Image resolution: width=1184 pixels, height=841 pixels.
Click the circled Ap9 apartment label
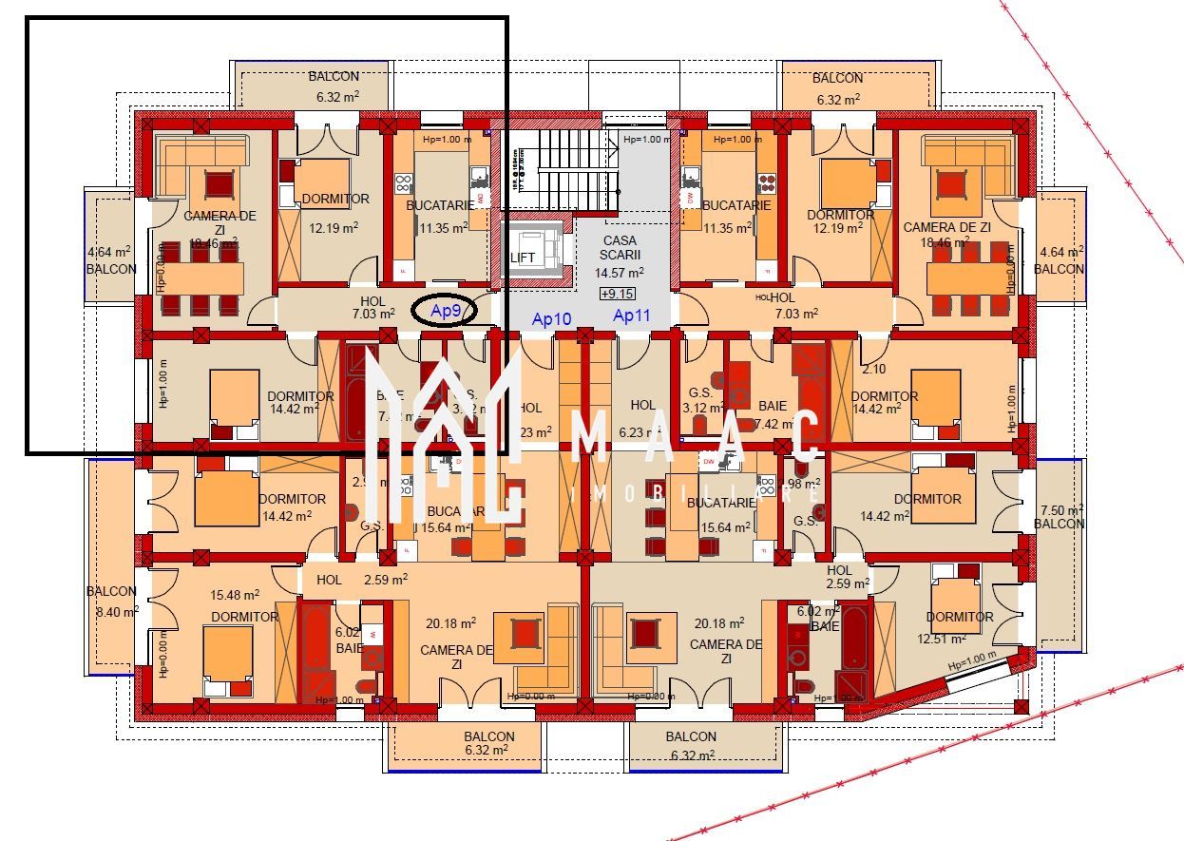[x=444, y=311]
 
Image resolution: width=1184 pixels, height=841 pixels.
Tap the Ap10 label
[x=551, y=319]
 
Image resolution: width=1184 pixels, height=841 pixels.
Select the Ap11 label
[x=631, y=315]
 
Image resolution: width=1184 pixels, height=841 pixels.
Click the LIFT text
[x=523, y=258]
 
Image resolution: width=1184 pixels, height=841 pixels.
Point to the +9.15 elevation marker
[x=618, y=294]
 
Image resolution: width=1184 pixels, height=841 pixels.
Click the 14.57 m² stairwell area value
[x=619, y=273]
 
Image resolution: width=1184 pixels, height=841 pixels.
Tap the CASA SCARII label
[x=620, y=248]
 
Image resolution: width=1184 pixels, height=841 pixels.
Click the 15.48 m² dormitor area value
[x=235, y=596]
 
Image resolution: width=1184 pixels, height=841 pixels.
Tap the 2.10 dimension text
[x=873, y=369]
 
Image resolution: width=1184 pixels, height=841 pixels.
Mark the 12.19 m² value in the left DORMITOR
[x=334, y=227]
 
